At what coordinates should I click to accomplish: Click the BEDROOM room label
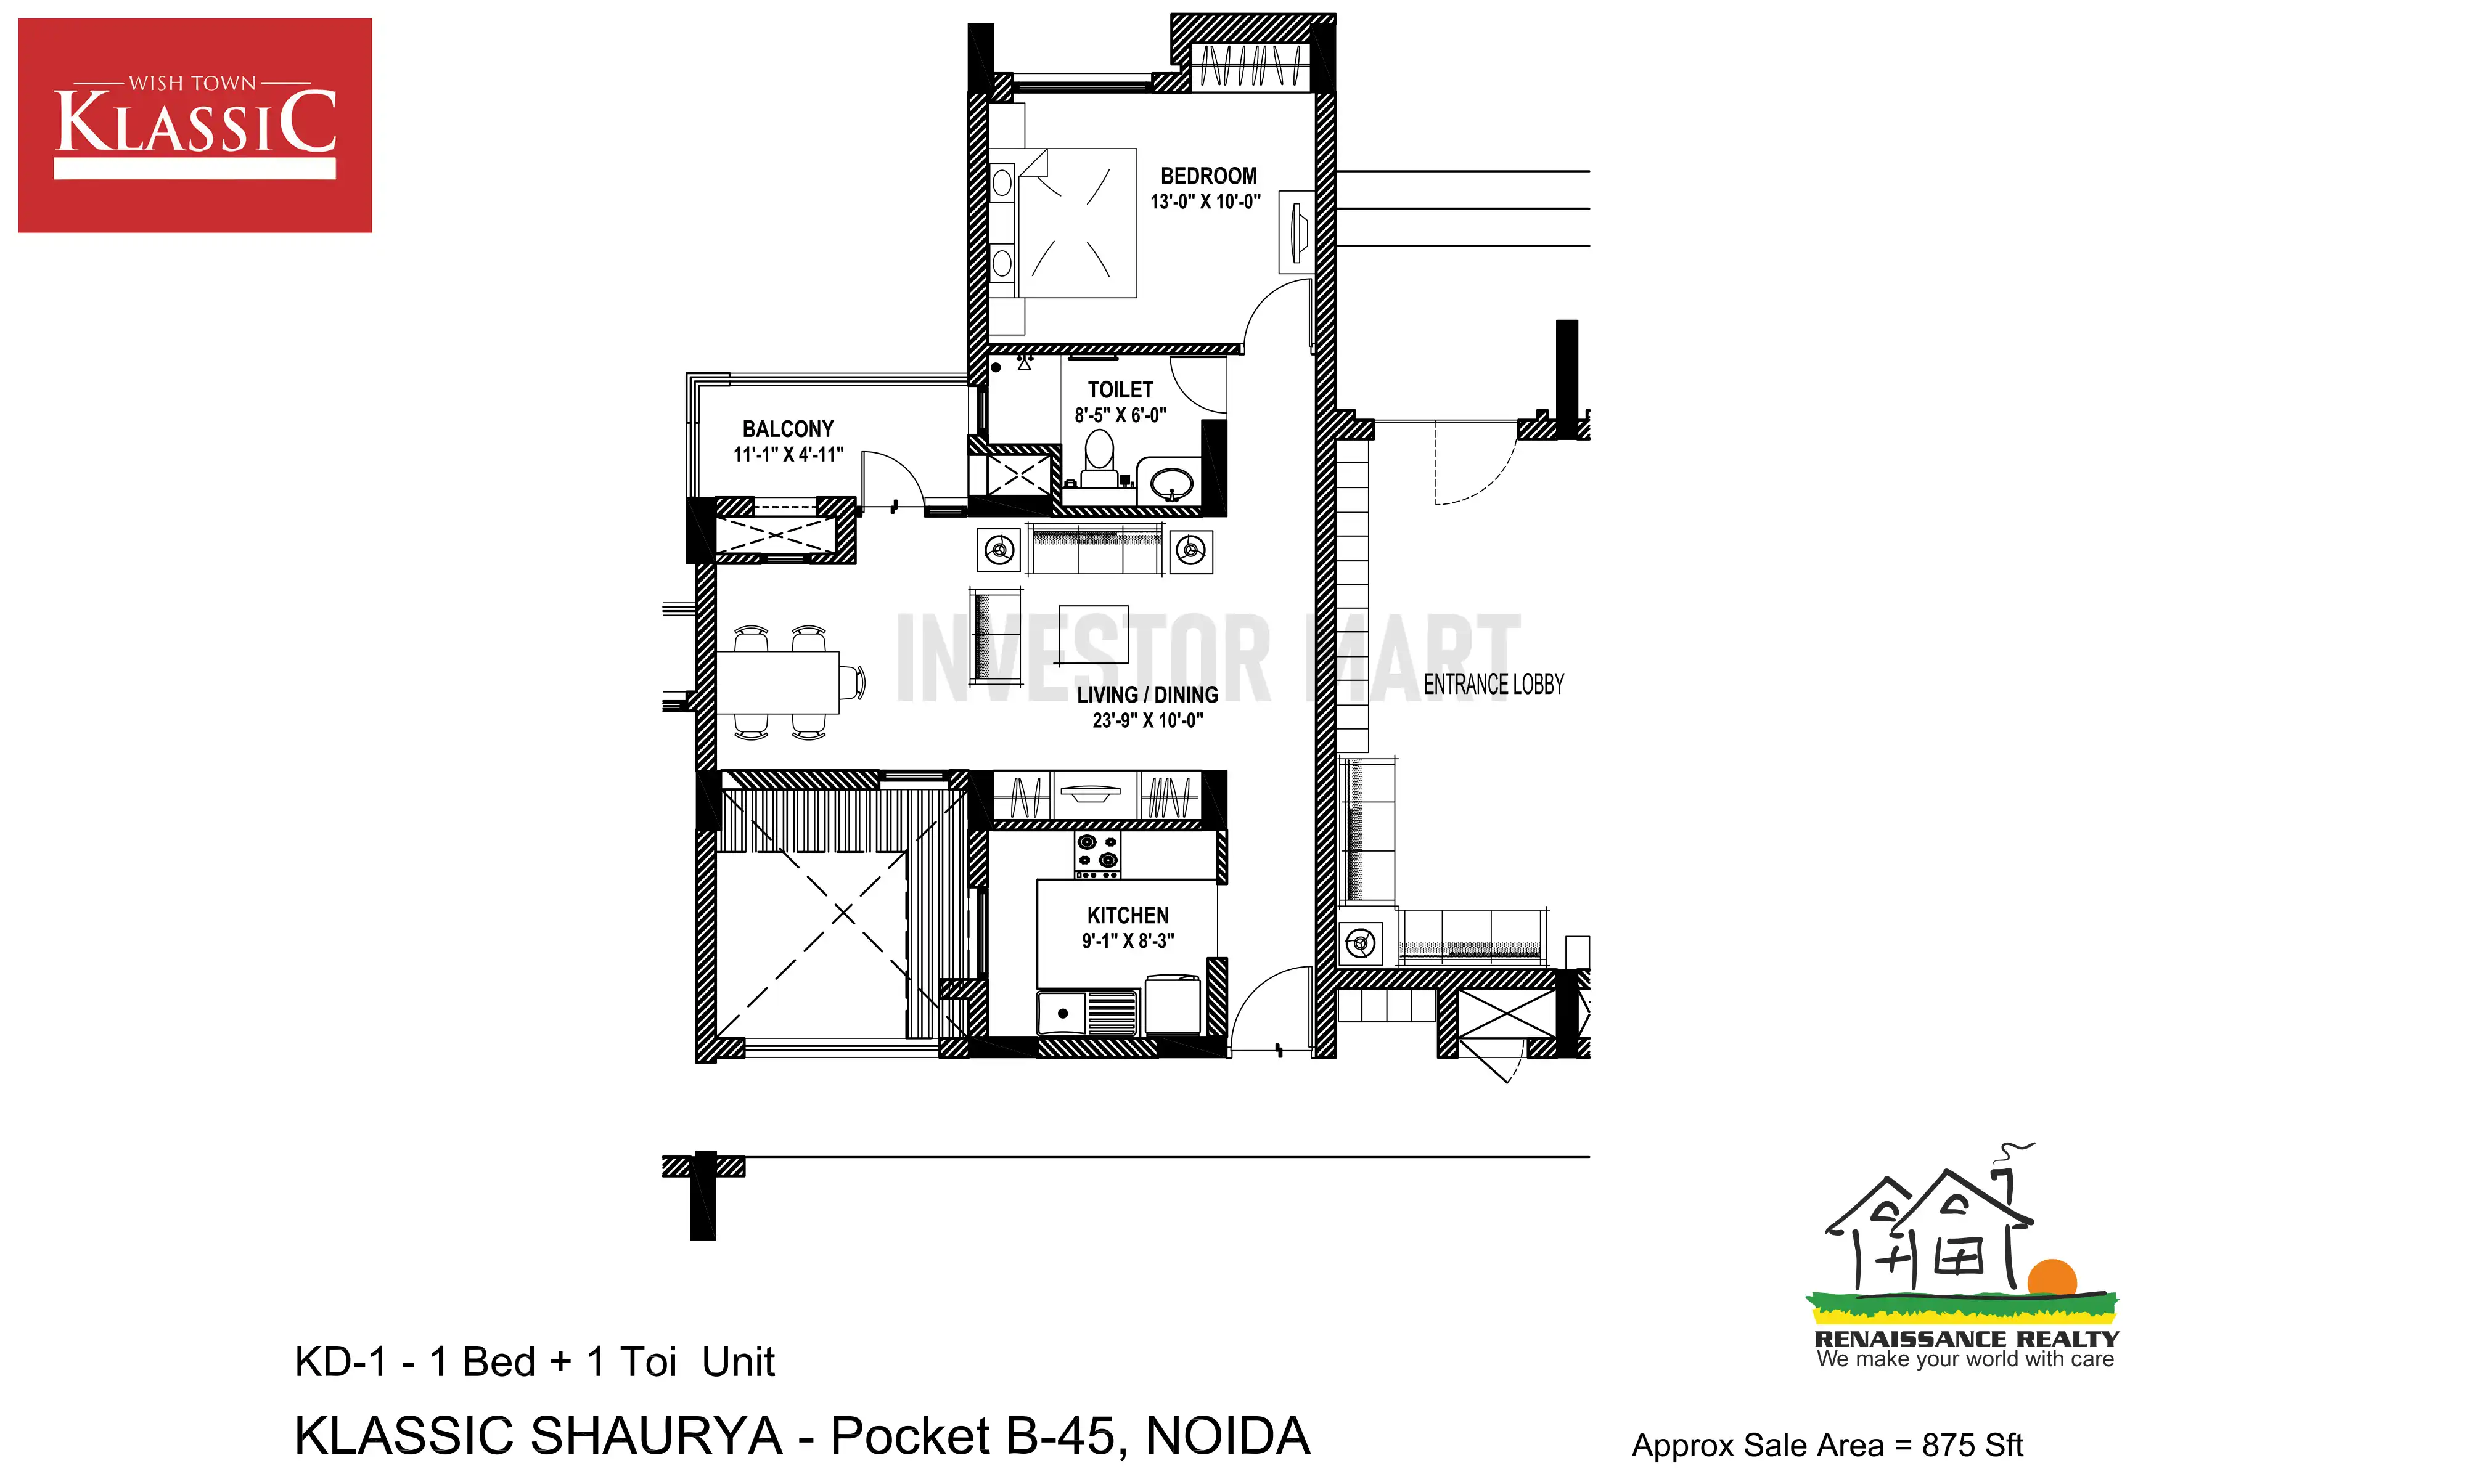coord(1208,176)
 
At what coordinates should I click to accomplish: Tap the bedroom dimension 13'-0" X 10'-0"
coord(1205,202)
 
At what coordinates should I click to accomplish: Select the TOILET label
coord(1120,389)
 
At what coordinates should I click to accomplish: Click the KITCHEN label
coord(1128,915)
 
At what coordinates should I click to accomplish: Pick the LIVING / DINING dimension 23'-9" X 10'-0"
coord(1147,720)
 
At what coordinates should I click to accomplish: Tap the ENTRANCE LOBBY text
coord(1493,685)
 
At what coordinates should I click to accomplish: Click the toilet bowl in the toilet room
coord(1099,458)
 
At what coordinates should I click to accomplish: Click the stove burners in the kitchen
coord(1096,854)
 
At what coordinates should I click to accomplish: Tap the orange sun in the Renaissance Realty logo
coord(2051,1277)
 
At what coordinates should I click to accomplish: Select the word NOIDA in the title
coord(1228,1436)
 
